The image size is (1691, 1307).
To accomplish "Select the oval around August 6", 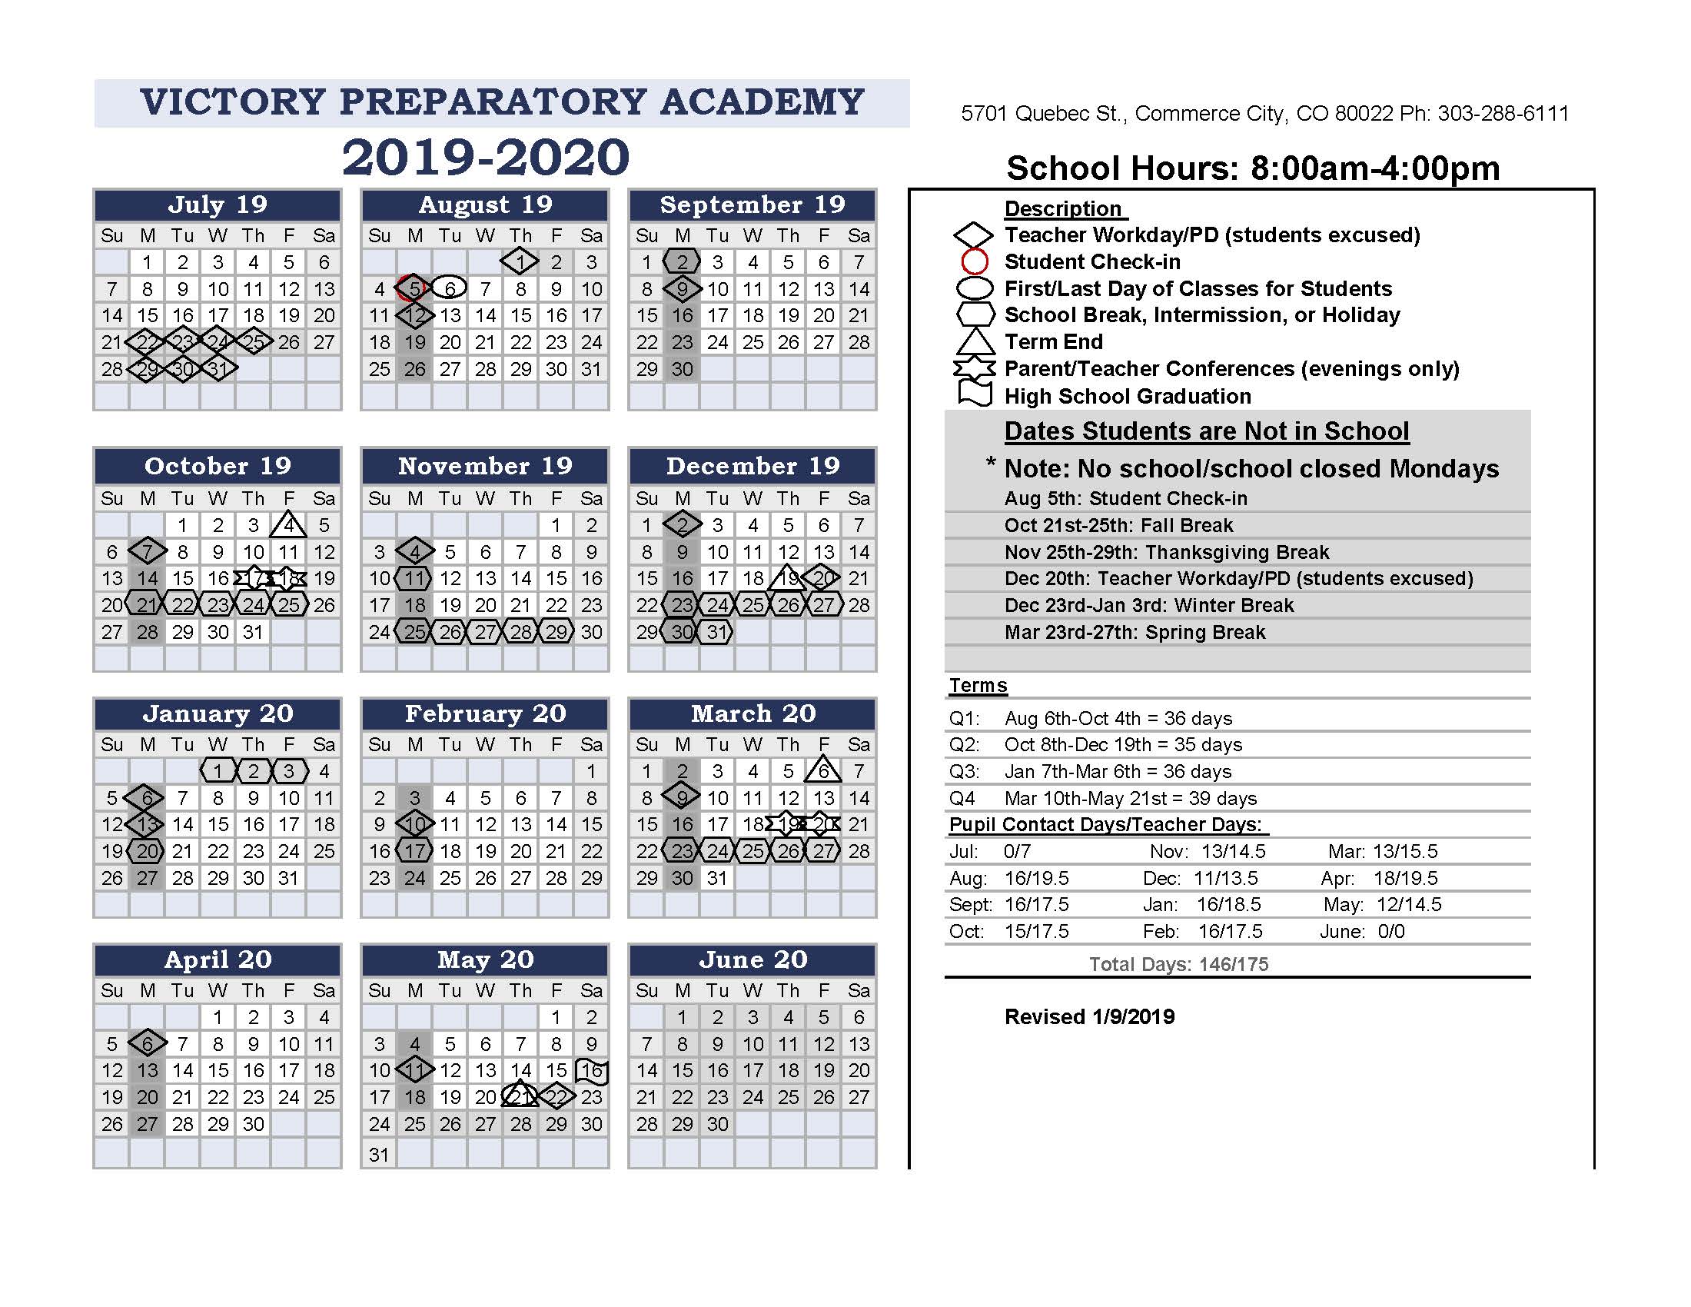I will pyautogui.click(x=449, y=289).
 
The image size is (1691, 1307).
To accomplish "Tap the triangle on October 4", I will pyautogui.click(x=288, y=525).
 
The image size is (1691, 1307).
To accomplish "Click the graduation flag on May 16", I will pyautogui.click(x=593, y=1071).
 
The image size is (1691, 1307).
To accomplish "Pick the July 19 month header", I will pyautogui.click(x=218, y=205).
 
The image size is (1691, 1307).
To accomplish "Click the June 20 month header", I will pyautogui.click(x=752, y=960).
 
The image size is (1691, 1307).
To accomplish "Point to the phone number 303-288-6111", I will pyautogui.click(x=1503, y=114).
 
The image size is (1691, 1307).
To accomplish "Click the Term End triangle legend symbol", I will pyautogui.click(x=975, y=341).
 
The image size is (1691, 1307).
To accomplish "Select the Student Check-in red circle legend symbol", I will pyautogui.click(x=975, y=261).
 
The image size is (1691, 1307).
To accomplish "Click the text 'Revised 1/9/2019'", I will pyautogui.click(x=1089, y=1016).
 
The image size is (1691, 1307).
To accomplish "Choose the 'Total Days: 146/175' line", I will pyautogui.click(x=1178, y=964).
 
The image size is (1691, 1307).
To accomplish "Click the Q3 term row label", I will pyautogui.click(x=964, y=772).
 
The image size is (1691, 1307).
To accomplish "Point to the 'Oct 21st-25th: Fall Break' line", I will pyautogui.click(x=1118, y=526).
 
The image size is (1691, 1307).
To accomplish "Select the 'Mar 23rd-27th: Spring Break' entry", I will pyautogui.click(x=1135, y=633).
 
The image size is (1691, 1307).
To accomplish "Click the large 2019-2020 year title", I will pyautogui.click(x=486, y=157).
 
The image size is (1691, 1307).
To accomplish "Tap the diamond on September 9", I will pyautogui.click(x=682, y=289).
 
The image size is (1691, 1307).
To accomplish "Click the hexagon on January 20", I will pyautogui.click(x=147, y=852).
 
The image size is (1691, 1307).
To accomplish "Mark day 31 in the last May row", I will pyautogui.click(x=379, y=1155).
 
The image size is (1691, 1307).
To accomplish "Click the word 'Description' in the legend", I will pyautogui.click(x=1062, y=209).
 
